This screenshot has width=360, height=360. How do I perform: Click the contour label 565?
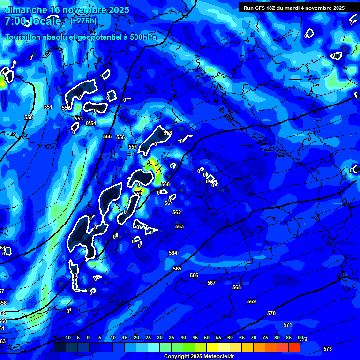(x=177, y=269)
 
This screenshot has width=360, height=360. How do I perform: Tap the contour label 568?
(x=237, y=287)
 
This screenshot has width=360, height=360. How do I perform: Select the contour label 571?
(x=288, y=325)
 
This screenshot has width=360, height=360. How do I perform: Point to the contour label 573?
(x=328, y=349)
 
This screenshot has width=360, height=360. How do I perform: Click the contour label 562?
(x=177, y=212)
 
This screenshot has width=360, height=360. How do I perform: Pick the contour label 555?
(x=107, y=136)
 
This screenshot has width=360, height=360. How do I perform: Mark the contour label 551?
(x=48, y=107)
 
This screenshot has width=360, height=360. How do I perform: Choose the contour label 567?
(x=211, y=283)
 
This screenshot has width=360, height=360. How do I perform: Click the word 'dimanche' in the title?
(x=26, y=10)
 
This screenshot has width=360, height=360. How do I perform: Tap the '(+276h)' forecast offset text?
(x=83, y=21)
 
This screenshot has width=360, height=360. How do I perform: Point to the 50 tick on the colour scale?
(x=207, y=337)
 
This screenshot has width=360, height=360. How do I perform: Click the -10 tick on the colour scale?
(x=67, y=337)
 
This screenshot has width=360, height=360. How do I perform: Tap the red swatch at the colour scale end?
(x=294, y=346)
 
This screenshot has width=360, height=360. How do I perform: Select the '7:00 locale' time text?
(x=33, y=22)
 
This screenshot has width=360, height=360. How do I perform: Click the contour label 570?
(x=271, y=313)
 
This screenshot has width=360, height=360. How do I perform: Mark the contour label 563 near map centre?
(x=180, y=226)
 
